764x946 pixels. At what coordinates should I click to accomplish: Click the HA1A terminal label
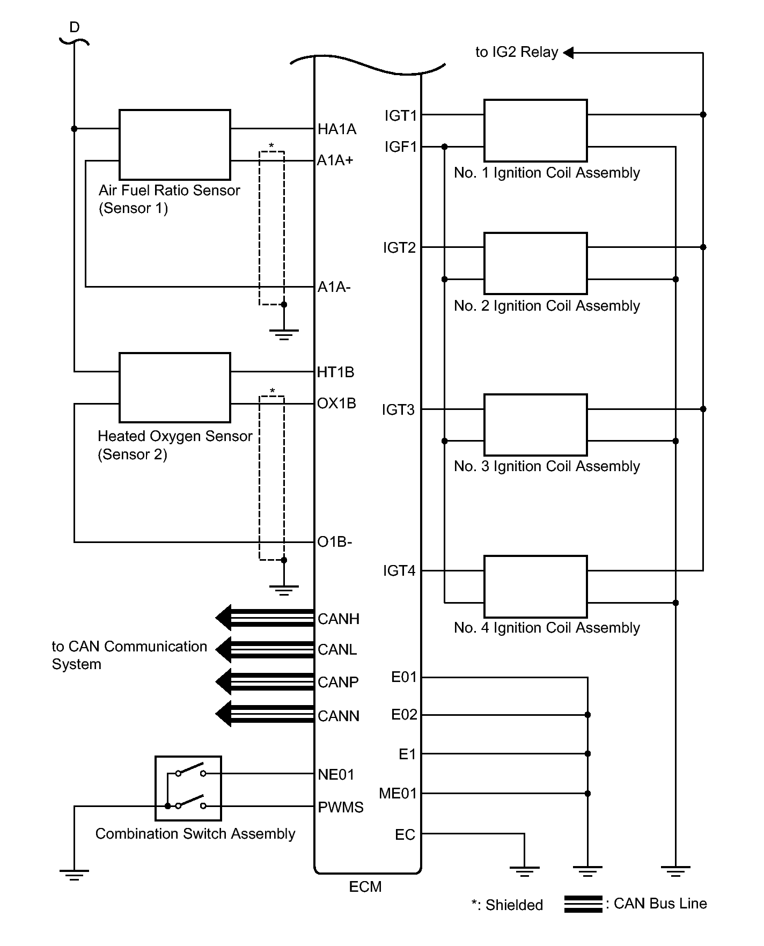[x=337, y=129]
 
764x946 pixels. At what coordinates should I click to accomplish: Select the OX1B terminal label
[x=336, y=404]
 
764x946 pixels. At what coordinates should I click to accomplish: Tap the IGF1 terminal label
[x=400, y=146]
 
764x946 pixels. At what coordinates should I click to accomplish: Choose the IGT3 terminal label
[x=398, y=410]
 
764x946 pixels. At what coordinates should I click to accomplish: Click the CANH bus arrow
[x=265, y=618]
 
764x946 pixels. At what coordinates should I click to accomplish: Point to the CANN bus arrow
[x=265, y=714]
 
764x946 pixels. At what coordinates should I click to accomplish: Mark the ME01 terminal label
[x=398, y=793]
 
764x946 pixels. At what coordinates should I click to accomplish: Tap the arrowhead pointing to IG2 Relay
[x=569, y=53]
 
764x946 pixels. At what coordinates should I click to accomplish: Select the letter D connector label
[x=75, y=27]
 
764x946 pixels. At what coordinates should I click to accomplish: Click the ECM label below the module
[x=365, y=886]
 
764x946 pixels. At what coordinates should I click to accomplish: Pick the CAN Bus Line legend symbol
[x=583, y=904]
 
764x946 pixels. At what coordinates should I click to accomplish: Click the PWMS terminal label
[x=341, y=808]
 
